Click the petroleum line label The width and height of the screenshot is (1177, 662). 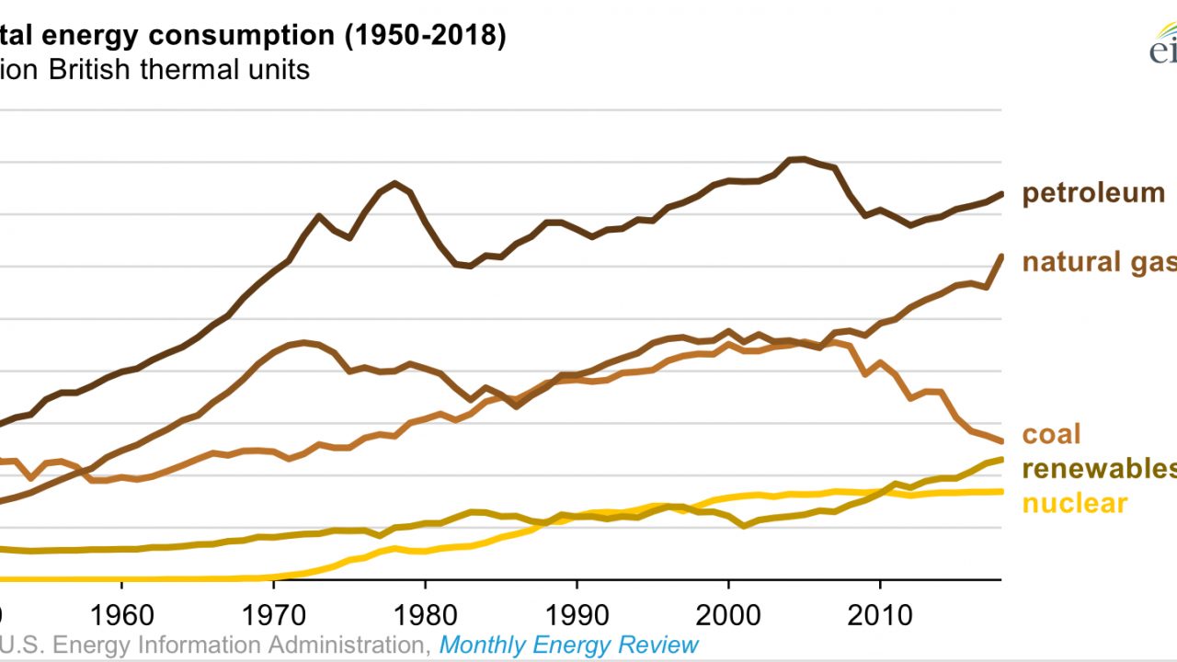1093,193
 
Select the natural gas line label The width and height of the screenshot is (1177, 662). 1099,262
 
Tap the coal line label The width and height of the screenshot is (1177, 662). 1051,434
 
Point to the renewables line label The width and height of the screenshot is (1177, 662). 1099,469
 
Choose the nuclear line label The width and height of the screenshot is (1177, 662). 1074,503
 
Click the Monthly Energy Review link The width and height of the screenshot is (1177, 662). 568,645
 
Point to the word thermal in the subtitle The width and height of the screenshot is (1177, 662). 188,70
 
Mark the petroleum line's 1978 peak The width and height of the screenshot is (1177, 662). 394,183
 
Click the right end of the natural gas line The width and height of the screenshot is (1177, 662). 1000,257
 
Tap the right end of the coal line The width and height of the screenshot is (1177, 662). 1000,441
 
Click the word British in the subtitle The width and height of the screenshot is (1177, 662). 91,70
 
